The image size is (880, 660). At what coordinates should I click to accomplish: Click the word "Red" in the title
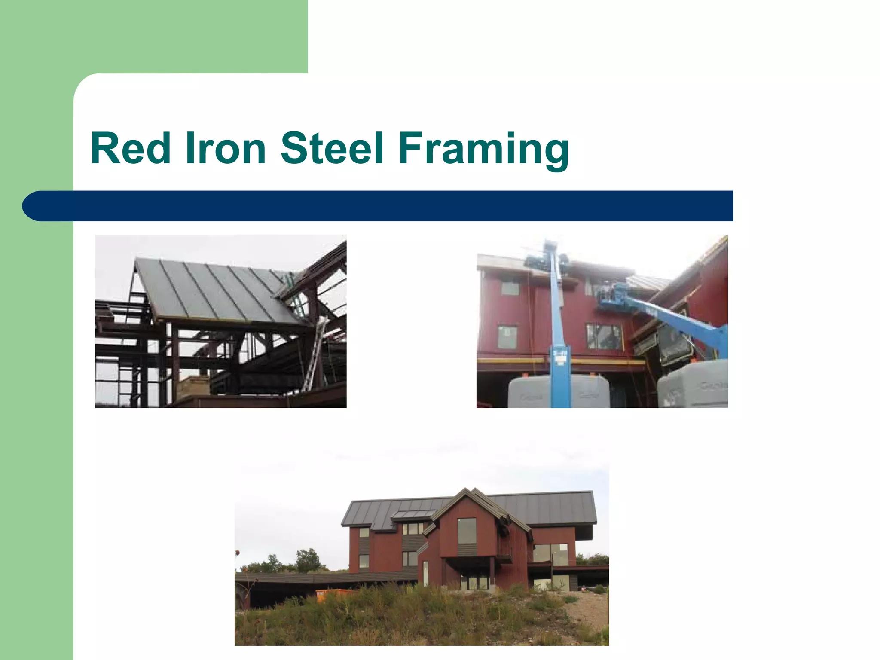[131, 148]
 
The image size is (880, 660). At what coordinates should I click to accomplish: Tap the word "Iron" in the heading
[225, 148]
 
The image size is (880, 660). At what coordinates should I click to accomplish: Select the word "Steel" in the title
[332, 148]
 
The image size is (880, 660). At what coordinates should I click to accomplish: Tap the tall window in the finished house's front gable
[467, 532]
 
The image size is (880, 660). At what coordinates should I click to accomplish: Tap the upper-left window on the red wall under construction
[510, 288]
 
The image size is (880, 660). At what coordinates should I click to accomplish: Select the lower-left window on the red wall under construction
[507, 337]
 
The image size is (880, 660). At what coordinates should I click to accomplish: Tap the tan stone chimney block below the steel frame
[193, 387]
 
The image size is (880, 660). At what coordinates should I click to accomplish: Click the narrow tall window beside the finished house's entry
[425, 573]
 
